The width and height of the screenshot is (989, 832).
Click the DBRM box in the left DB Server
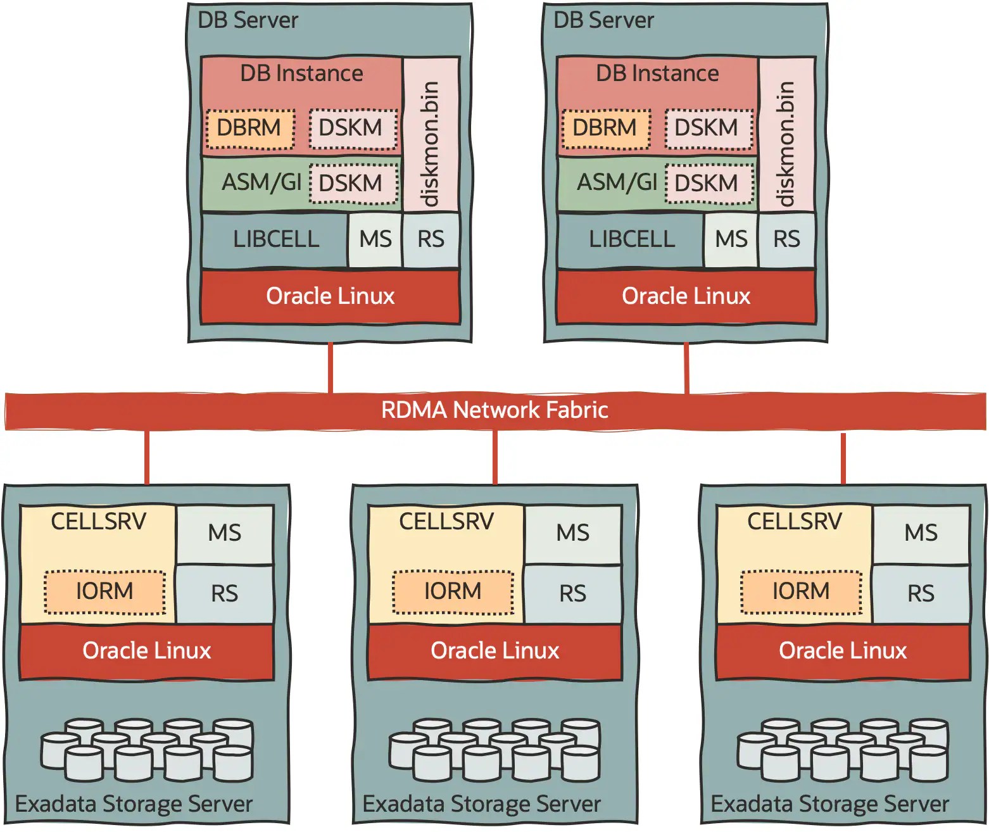pos(250,129)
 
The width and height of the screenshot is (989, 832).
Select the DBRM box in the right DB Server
pos(606,129)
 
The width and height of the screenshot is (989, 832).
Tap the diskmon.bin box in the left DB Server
pos(431,135)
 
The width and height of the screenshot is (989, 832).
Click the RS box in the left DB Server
pos(431,239)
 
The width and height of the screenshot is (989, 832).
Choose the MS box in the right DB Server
pos(731,239)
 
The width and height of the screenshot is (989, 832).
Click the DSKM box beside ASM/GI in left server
pos(353,184)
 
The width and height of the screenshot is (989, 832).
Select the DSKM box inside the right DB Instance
pos(709,129)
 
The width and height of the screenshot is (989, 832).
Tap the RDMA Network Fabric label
pos(494,410)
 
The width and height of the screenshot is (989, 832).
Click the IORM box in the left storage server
pos(104,591)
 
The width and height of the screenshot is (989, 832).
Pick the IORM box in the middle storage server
pos(453,591)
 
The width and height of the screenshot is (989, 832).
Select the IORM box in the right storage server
pos(801,591)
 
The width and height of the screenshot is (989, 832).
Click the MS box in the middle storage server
pos(572,533)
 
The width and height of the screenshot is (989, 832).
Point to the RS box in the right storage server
pos(921,594)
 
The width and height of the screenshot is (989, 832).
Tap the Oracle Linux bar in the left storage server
pos(146,651)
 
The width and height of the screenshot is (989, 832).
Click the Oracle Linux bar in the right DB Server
pos(686,296)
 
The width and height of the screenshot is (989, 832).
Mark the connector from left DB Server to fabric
pos(330,367)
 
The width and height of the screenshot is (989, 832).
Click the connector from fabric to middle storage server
pos(494,457)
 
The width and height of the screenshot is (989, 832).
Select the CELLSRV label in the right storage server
pos(794,522)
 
